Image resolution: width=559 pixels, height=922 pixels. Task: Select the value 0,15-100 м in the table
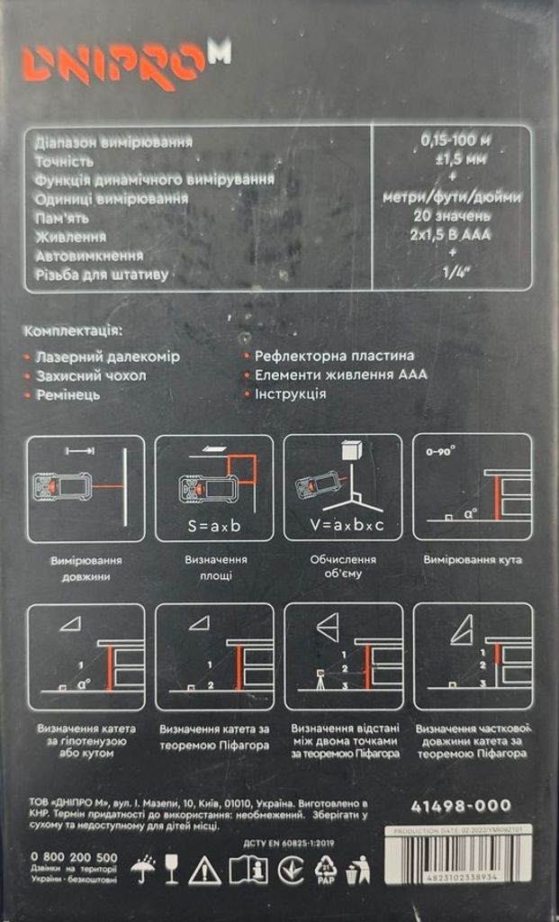455,140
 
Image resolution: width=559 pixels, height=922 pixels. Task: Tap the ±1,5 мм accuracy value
455,159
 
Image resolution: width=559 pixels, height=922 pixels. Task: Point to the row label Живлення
70,237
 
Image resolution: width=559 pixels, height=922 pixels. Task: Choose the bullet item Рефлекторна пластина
335,356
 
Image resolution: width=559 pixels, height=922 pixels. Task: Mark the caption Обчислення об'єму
343,567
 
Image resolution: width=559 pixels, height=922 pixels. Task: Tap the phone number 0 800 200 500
74,856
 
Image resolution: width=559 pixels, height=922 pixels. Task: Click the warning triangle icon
204,870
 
